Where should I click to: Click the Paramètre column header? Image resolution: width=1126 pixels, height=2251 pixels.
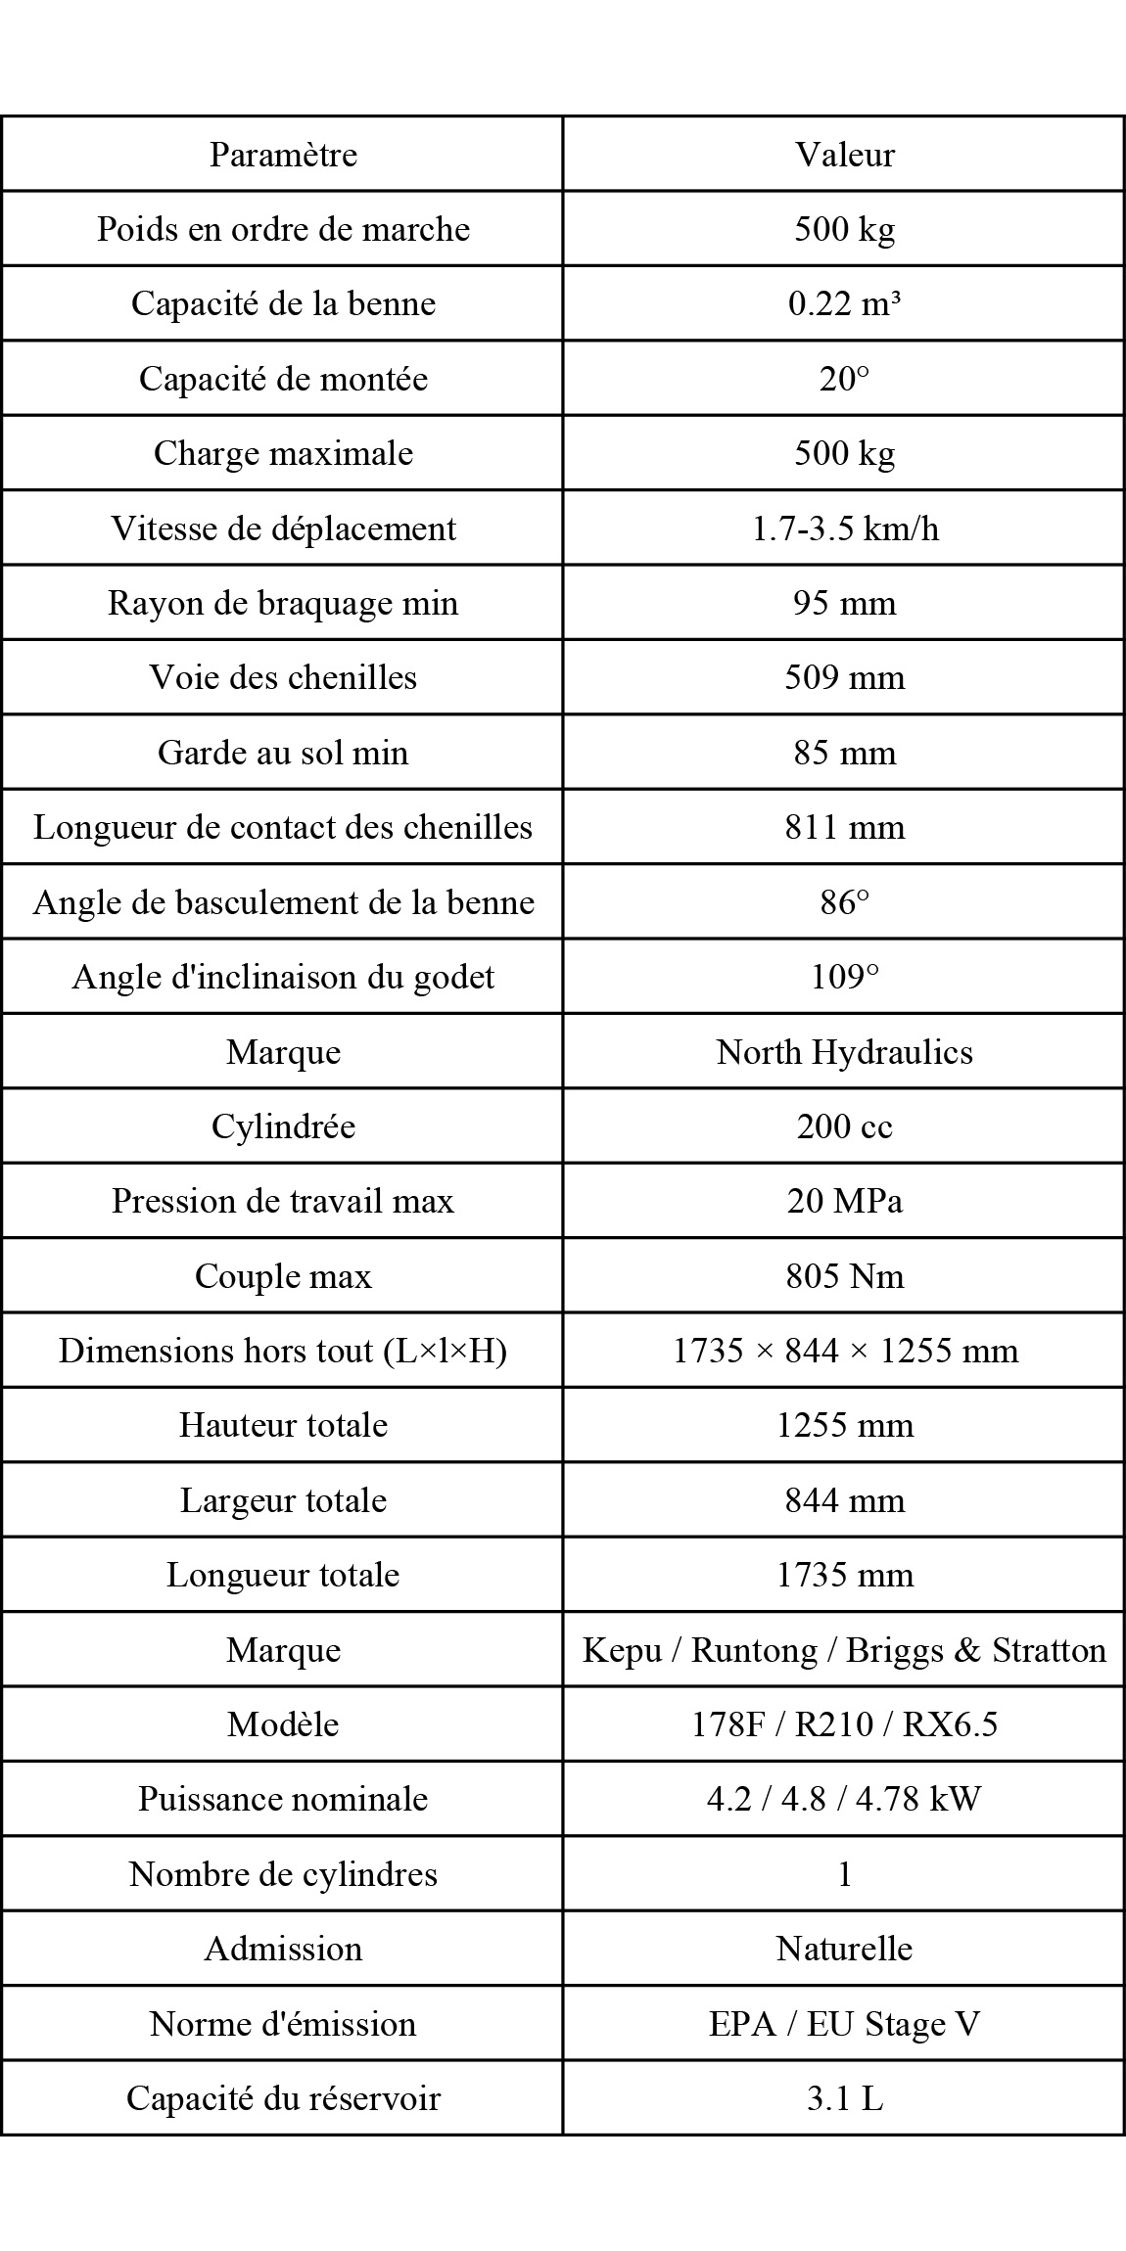point(283,155)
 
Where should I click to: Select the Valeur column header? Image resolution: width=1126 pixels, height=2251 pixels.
point(844,155)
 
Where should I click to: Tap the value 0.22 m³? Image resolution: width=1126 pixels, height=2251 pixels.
point(844,303)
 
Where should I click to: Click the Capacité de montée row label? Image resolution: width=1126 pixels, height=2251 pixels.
point(283,379)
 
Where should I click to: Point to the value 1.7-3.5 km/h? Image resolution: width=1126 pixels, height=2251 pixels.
point(844,528)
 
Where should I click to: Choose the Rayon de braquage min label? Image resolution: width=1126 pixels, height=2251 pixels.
point(283,603)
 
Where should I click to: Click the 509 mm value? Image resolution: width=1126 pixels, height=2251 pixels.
point(844,677)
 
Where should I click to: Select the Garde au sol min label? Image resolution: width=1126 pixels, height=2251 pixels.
point(283,753)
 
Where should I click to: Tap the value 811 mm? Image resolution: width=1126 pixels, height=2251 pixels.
point(844,827)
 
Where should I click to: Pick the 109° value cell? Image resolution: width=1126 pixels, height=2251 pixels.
point(844,977)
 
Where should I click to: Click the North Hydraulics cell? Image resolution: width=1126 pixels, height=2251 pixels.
point(844,1052)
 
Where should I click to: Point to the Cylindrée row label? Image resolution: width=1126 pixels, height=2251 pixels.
point(283,1126)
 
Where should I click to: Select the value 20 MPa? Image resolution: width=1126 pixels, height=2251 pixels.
point(844,1201)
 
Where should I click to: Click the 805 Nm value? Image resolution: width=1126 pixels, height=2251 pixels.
point(844,1276)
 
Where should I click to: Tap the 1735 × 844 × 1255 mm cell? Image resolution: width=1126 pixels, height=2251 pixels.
point(844,1351)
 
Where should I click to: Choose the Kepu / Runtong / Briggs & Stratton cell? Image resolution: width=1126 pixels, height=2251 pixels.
point(844,1650)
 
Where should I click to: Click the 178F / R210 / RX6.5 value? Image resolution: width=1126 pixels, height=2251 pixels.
point(844,1724)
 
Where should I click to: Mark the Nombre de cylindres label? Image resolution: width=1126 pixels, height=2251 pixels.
point(283,1874)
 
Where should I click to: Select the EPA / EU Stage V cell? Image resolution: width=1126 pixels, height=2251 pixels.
point(844,2024)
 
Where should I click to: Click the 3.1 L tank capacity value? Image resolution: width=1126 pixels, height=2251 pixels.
point(844,2098)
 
